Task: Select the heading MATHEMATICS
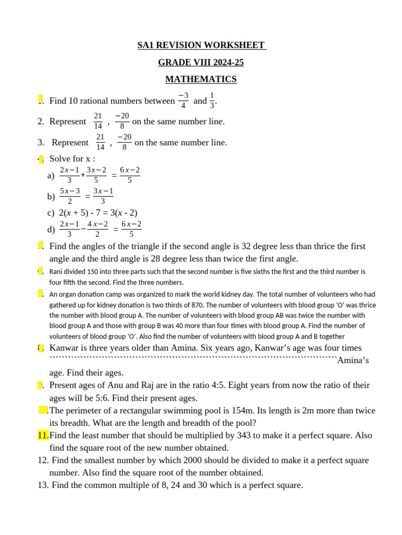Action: pyautogui.click(x=201, y=79)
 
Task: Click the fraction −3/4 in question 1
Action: pyautogui.click(x=183, y=100)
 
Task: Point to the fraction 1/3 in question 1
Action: pyautogui.click(x=212, y=100)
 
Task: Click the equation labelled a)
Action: pyautogui.click(x=100, y=176)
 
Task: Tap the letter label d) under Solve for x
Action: pyautogui.click(x=51, y=229)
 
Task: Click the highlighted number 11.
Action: pyautogui.click(x=43, y=435)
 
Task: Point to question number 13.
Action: pyautogui.click(x=43, y=485)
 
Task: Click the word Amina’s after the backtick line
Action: pyautogui.click(x=353, y=360)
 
